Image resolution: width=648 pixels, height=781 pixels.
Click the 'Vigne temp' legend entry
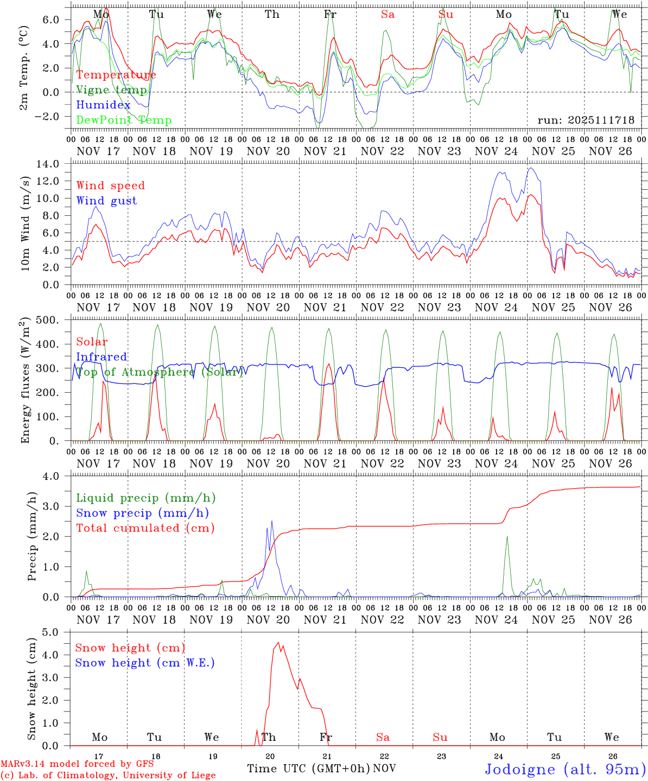click(x=111, y=90)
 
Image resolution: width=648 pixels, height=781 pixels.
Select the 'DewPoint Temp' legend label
click(x=124, y=120)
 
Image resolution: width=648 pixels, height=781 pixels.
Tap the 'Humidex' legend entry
click(x=103, y=105)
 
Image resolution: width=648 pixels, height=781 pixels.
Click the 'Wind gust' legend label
click(x=106, y=201)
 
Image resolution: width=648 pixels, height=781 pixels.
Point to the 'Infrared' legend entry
click(x=101, y=357)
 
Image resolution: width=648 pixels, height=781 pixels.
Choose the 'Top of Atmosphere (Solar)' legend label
click(x=159, y=372)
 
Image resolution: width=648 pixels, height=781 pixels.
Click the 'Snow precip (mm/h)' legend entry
click(x=142, y=513)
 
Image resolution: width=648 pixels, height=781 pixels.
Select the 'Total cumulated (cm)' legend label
click(x=145, y=528)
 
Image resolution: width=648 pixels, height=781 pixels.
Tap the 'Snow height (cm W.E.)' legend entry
click(x=144, y=663)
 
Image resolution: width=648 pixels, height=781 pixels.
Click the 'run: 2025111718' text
click(x=586, y=120)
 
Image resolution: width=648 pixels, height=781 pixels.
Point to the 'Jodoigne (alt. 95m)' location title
click(x=565, y=769)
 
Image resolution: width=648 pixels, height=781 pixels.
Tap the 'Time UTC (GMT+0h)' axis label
click(x=308, y=769)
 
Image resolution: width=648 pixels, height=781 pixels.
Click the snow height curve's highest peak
click(x=278, y=643)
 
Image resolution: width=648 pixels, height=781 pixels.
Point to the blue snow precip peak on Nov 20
click(x=271, y=521)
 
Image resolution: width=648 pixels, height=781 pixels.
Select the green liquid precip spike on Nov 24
click(x=507, y=537)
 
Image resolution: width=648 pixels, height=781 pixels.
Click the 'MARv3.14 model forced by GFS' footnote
click(x=77, y=764)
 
